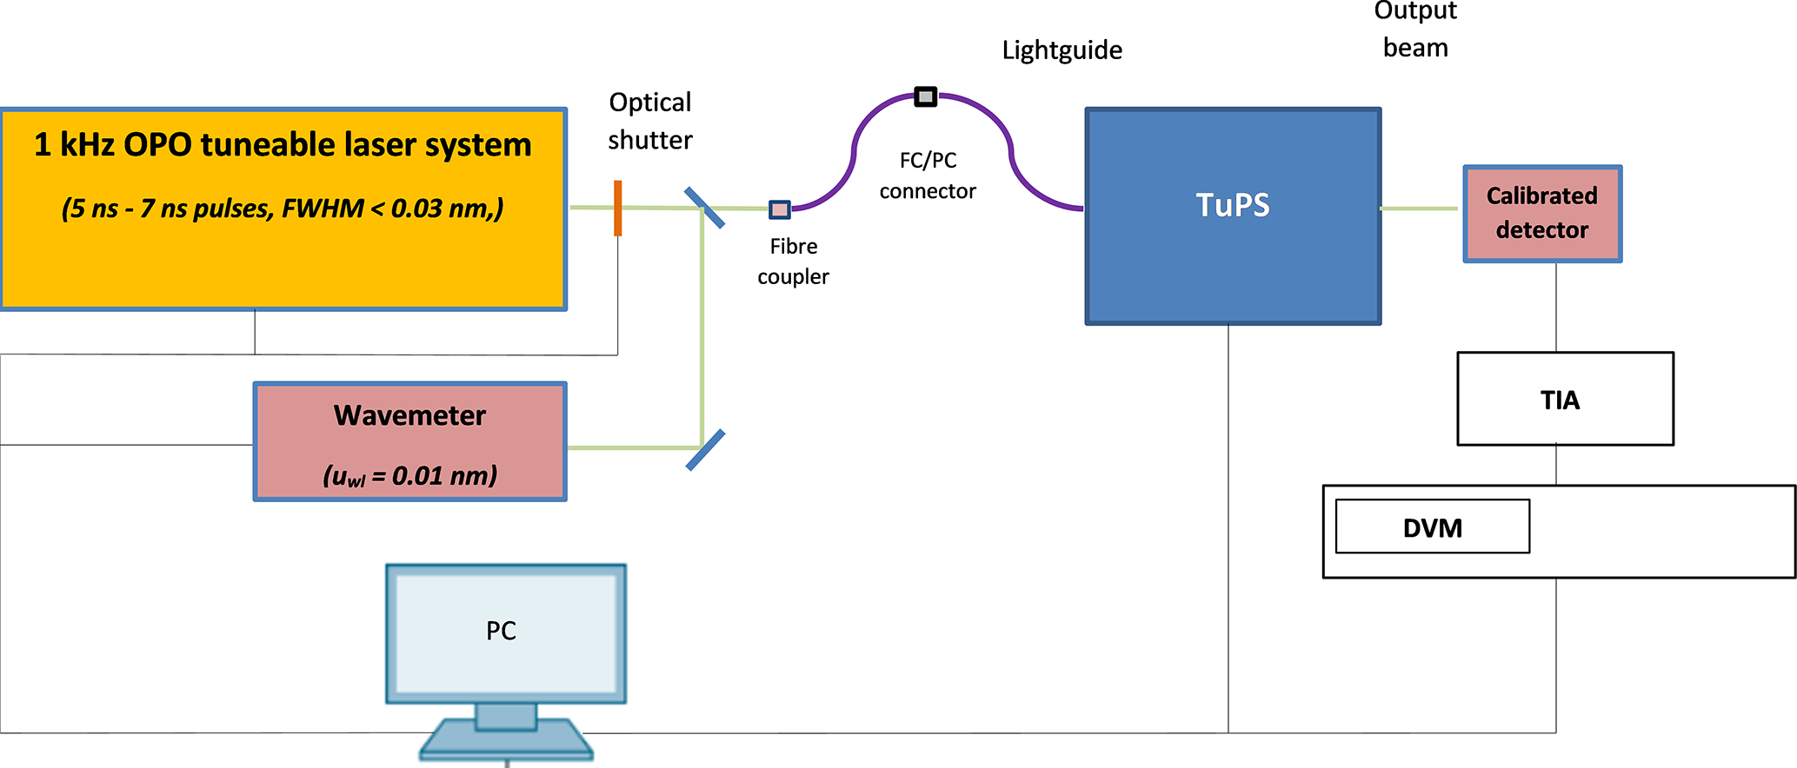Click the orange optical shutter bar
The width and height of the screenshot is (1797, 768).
point(617,209)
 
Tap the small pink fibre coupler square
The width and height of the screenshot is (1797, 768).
point(780,209)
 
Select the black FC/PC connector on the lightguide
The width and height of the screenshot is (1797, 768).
point(926,96)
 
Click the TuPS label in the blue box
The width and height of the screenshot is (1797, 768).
point(1233,205)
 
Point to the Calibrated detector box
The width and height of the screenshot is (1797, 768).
point(1542,214)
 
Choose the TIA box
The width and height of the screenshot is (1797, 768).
point(1565,399)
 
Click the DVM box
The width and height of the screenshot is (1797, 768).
point(1432,526)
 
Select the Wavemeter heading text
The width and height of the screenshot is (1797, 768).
point(409,415)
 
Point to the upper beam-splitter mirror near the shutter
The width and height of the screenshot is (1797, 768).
point(704,209)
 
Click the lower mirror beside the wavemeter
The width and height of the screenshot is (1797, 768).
point(705,450)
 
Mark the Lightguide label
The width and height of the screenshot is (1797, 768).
point(1062,50)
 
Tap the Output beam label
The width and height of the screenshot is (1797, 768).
point(1415,30)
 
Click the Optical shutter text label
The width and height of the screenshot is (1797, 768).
point(650,121)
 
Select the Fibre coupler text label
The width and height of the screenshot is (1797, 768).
point(793,261)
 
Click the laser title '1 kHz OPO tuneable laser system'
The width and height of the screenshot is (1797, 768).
point(283,144)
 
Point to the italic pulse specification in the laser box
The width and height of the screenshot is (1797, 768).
point(283,209)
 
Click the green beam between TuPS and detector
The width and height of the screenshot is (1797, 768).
point(1419,209)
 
